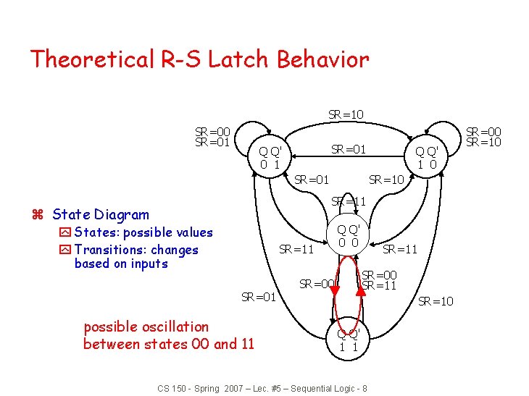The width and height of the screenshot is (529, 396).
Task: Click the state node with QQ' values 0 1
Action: pyautogui.click(x=270, y=158)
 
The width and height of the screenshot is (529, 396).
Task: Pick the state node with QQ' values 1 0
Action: pyautogui.click(x=425, y=157)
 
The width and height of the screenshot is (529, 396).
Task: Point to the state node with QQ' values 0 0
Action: pyautogui.click(x=348, y=235)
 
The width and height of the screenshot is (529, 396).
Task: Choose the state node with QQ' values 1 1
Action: pyautogui.click(x=348, y=340)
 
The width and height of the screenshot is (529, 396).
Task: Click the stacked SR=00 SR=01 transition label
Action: pyautogui.click(x=212, y=136)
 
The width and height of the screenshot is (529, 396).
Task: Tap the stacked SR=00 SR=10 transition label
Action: pyautogui.click(x=483, y=136)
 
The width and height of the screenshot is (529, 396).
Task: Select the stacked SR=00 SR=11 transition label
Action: pyautogui.click(x=379, y=280)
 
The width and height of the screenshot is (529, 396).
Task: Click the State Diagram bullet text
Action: pyautogui.click(x=101, y=214)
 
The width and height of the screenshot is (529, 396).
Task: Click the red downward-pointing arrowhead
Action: pyautogui.click(x=334, y=290)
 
